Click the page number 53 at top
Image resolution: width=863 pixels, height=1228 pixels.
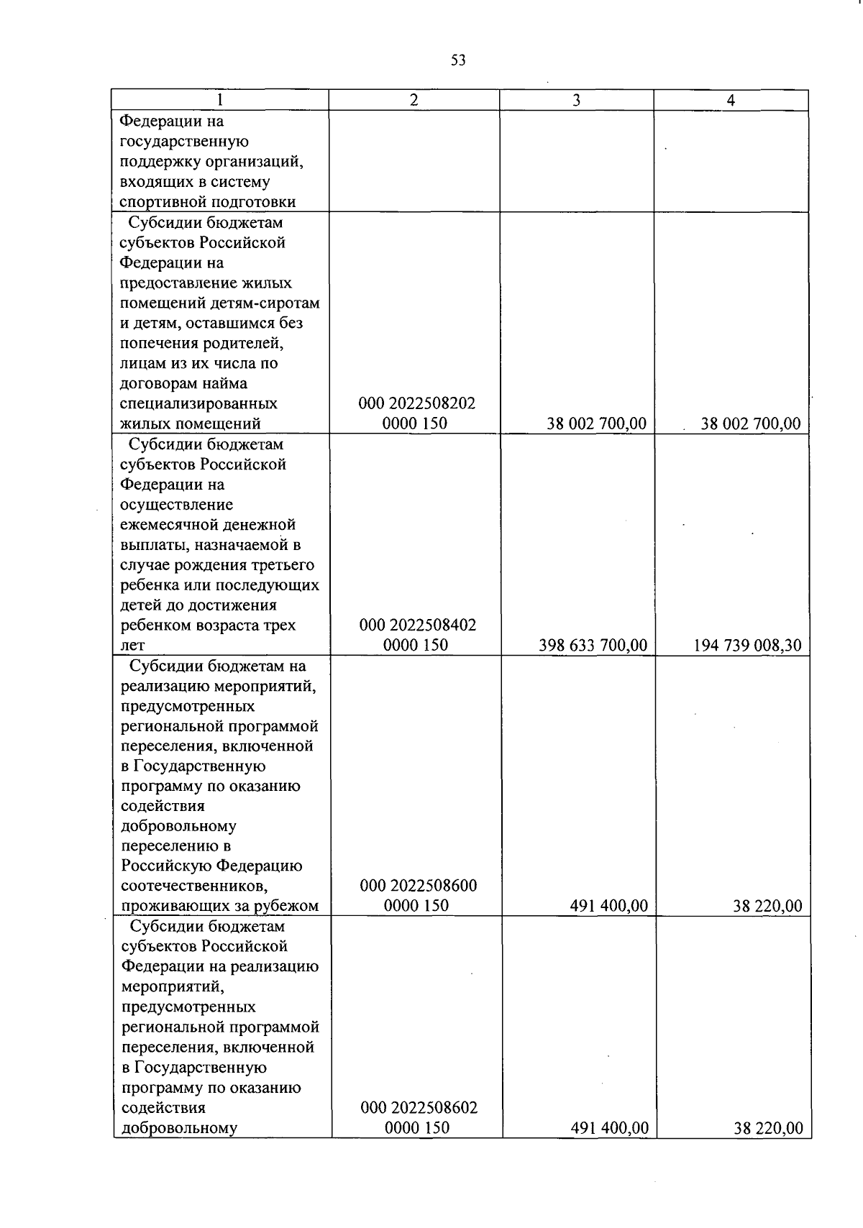click(x=458, y=60)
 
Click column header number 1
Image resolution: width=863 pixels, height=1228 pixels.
click(x=219, y=101)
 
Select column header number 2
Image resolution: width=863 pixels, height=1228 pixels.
click(x=414, y=101)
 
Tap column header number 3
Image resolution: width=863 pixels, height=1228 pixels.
click(x=576, y=101)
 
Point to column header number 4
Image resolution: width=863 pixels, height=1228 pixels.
click(x=731, y=101)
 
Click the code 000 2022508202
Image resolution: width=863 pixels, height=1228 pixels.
click(x=416, y=403)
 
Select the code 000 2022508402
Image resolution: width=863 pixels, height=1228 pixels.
click(x=417, y=625)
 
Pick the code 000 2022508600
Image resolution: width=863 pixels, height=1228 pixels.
click(x=418, y=886)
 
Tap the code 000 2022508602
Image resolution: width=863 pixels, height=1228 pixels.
click(x=419, y=1108)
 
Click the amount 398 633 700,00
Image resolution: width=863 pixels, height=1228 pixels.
click(x=593, y=646)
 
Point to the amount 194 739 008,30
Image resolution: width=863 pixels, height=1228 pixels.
click(x=747, y=646)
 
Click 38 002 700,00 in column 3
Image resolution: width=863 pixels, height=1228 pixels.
click(x=596, y=424)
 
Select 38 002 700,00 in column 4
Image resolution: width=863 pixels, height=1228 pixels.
click(x=751, y=424)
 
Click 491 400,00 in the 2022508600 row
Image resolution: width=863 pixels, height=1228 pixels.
click(x=608, y=906)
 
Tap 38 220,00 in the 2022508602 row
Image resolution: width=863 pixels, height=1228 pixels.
click(x=768, y=1129)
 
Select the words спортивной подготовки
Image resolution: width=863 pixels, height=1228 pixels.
click(x=207, y=202)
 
